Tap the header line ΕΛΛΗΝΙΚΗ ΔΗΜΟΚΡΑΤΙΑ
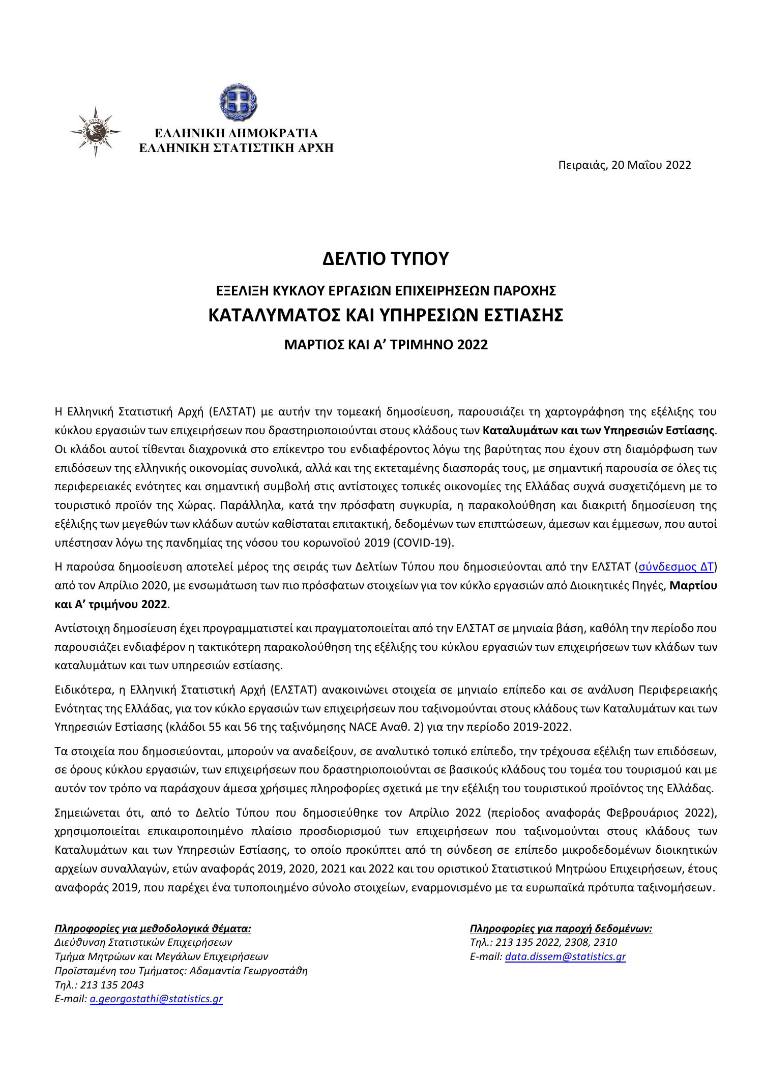[x=236, y=134]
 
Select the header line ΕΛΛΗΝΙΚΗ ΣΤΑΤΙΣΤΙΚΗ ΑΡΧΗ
[x=237, y=148]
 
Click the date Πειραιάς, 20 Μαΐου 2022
[x=624, y=165]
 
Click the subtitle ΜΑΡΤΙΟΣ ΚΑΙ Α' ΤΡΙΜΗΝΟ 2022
[x=386, y=345]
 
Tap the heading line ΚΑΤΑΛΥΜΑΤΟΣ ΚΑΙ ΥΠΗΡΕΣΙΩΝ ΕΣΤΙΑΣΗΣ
[x=386, y=315]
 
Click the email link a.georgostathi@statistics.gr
[x=156, y=999]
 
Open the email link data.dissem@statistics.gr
[x=565, y=956]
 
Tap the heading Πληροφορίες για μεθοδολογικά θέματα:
[x=153, y=928]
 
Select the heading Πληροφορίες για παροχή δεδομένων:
[x=561, y=928]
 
